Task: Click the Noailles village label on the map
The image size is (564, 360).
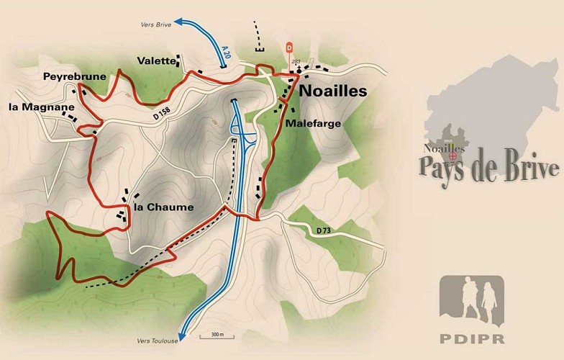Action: (332, 91)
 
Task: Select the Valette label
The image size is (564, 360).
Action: (158, 61)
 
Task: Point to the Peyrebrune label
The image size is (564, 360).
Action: (75, 76)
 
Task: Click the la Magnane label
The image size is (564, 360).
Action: (33, 107)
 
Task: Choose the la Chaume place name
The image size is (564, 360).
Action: (163, 208)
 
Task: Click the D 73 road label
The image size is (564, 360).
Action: (326, 230)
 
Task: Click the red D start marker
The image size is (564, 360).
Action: (289, 48)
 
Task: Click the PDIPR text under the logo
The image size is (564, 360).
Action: (471, 336)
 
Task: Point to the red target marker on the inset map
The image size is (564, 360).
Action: (453, 155)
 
